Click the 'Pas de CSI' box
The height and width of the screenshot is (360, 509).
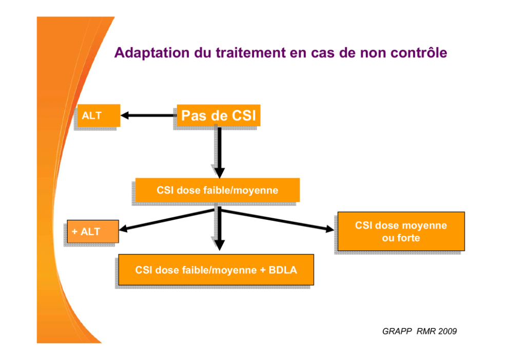[219, 116]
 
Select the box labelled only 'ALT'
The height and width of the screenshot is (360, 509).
[99, 116]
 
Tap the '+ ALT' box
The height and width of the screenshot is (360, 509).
[93, 231]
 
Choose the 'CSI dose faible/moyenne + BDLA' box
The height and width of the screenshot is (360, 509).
[216, 270]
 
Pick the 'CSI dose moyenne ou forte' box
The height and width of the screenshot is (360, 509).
[401, 231]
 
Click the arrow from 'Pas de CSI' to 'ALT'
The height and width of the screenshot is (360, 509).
[149, 116]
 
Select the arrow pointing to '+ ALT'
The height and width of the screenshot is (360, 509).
[167, 220]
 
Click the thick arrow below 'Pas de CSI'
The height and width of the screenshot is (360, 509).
[220, 153]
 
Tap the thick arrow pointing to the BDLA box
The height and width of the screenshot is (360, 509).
[220, 229]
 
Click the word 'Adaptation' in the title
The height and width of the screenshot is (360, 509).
[152, 53]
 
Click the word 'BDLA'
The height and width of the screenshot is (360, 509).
[283, 270]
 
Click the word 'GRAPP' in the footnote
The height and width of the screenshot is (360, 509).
[397, 331]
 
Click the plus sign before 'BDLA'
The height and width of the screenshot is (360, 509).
[263, 270]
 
